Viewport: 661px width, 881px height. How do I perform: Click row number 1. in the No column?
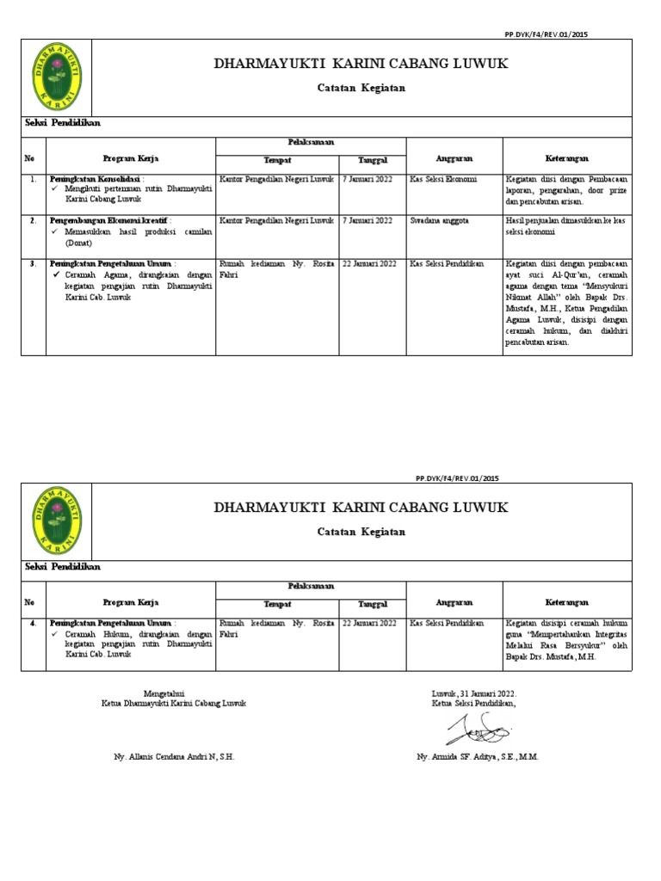(32, 179)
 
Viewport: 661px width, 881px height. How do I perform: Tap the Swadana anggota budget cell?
(439, 220)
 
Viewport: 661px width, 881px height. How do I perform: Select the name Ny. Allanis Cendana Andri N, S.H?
(174, 756)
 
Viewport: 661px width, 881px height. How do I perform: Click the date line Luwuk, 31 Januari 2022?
(474, 693)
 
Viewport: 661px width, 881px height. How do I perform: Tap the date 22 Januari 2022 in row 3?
(369, 263)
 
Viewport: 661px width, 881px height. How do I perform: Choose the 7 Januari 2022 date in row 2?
(367, 220)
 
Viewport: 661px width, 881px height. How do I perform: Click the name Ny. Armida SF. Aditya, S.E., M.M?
(477, 756)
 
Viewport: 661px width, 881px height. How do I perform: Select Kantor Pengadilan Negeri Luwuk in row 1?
(276, 179)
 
